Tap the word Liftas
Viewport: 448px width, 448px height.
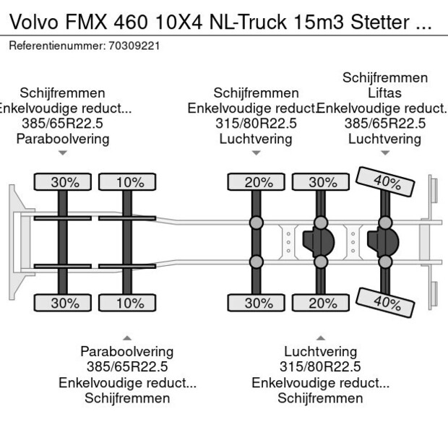coord(384,93)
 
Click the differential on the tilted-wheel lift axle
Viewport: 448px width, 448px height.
coord(382,242)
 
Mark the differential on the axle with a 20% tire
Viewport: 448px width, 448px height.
coord(319,242)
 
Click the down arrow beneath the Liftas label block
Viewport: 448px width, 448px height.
coord(385,152)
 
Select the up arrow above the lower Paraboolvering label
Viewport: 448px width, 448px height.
coord(127,337)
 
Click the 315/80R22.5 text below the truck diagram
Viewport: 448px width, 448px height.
coord(320,367)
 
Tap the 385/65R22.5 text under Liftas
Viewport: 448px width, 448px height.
coord(384,124)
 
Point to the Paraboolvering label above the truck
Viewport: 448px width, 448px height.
coord(63,139)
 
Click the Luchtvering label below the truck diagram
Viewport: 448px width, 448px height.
coord(320,352)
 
